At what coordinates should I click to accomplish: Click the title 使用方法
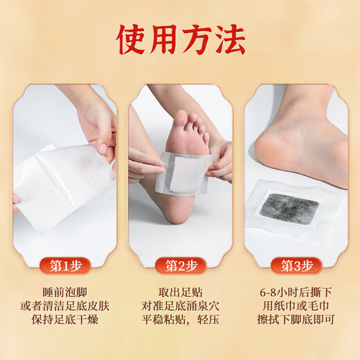point(180,41)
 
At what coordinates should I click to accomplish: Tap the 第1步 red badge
point(64,265)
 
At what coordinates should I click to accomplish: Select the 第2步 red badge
point(180,265)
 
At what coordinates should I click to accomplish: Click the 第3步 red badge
point(296,265)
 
